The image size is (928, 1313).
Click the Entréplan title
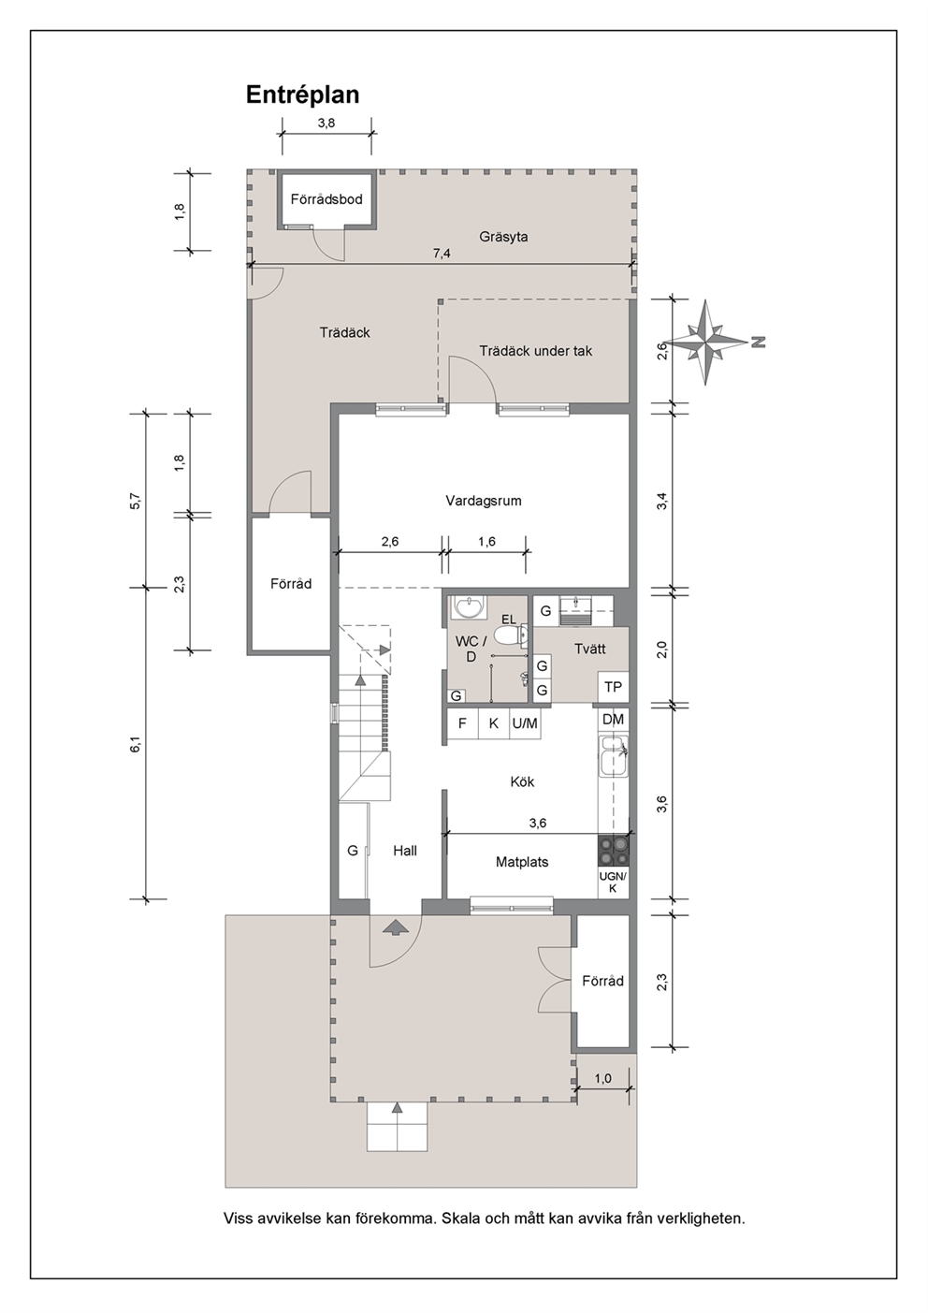[x=302, y=95]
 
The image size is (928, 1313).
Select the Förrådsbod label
[x=326, y=199]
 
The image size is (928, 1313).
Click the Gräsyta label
[x=503, y=237]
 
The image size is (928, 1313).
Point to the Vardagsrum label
[x=484, y=501]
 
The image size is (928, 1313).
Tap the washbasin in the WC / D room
[x=468, y=607]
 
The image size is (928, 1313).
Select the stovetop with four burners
[x=613, y=851]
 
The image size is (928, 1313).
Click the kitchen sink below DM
[x=613, y=755]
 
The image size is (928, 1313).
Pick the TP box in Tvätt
[x=613, y=687]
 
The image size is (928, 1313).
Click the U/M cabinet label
[x=525, y=723]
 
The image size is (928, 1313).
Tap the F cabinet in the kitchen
[x=462, y=723]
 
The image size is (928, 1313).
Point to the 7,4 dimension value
[x=442, y=254]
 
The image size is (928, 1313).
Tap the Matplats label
[x=522, y=862]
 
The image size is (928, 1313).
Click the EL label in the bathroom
[x=509, y=620]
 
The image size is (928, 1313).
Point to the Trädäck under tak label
[x=535, y=351]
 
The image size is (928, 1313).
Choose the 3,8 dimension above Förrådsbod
[x=326, y=124]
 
